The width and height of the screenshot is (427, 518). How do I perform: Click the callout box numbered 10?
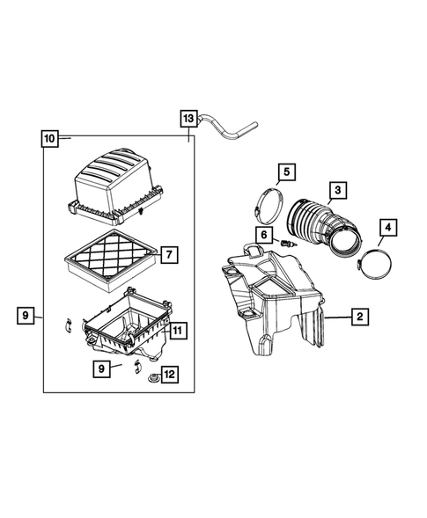click(49, 138)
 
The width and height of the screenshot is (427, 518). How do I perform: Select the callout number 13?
click(189, 118)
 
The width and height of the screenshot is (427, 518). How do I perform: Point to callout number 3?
click(337, 189)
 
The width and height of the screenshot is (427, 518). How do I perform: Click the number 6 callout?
click(263, 234)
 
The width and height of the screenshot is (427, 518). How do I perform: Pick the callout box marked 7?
click(168, 257)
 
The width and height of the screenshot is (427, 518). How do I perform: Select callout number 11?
click(176, 331)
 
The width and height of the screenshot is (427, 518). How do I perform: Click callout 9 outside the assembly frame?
click(26, 314)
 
